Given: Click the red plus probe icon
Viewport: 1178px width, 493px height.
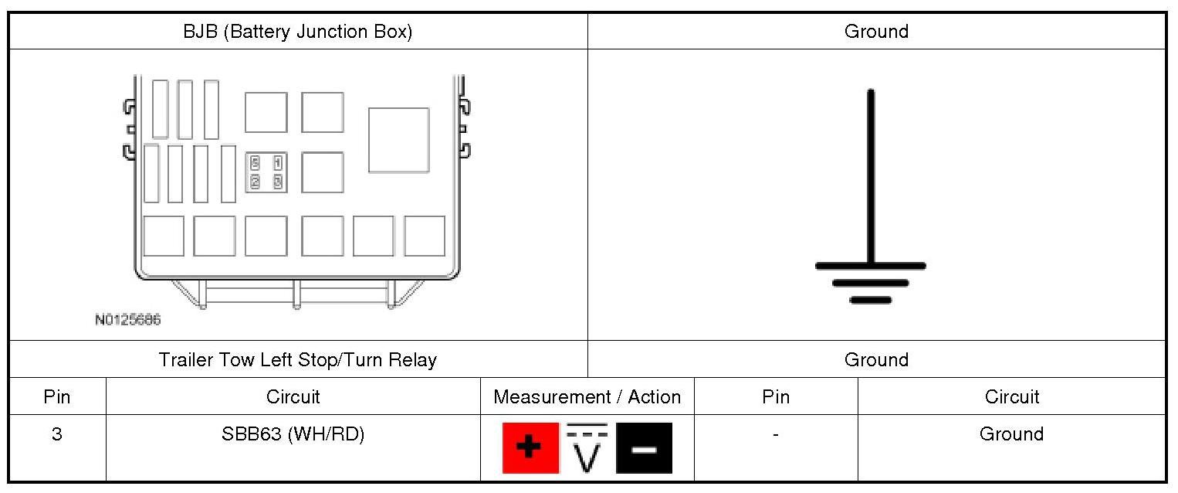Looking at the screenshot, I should pyautogui.click(x=530, y=447).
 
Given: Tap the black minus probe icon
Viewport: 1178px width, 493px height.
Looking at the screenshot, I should pyautogui.click(x=644, y=448).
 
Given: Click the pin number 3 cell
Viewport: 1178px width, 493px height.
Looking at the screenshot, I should pyautogui.click(x=57, y=434).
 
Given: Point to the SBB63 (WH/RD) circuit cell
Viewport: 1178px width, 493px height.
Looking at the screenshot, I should pyautogui.click(x=293, y=434).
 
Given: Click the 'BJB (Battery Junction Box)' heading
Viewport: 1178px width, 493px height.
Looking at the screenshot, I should pyautogui.click(x=297, y=32).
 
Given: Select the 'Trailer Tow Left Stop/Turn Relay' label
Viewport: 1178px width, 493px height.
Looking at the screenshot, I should pyautogui.click(x=297, y=359).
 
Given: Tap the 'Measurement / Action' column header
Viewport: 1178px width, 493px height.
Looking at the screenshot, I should pyautogui.click(x=587, y=396).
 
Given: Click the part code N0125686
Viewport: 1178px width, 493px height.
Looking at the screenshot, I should pyautogui.click(x=128, y=319).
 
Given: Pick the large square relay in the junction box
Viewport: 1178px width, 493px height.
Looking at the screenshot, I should pyautogui.click(x=398, y=140).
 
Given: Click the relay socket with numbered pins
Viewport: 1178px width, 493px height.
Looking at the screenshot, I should pyautogui.click(x=266, y=172).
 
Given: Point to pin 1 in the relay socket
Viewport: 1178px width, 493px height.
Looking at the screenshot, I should pyautogui.click(x=277, y=163).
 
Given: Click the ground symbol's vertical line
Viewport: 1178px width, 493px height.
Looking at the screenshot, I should pyautogui.click(x=871, y=178).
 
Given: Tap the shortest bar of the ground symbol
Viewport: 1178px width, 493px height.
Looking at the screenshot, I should pyautogui.click(x=871, y=300).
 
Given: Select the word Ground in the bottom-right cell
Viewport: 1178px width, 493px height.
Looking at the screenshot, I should pyautogui.click(x=1011, y=434).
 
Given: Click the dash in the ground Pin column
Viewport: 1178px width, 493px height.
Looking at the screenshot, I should pyautogui.click(x=776, y=434).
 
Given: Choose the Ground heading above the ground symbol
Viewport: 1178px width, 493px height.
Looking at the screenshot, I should pyautogui.click(x=876, y=32).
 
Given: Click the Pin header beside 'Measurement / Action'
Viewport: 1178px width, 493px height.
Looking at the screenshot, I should pyautogui.click(x=776, y=396).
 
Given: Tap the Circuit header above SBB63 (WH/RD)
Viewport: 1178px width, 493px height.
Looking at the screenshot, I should pyautogui.click(x=293, y=396).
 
